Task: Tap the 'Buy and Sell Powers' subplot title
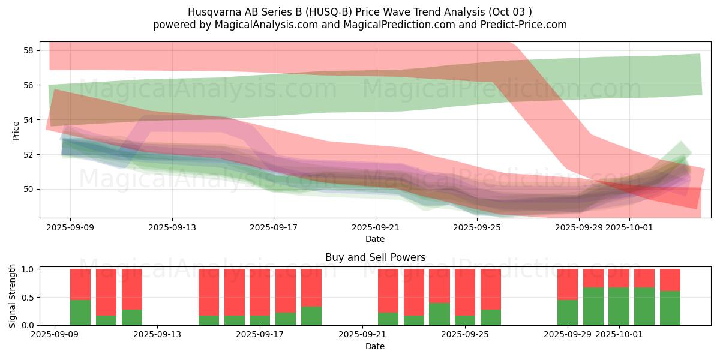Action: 375,257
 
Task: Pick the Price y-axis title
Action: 16,130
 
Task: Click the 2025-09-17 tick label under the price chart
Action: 274,227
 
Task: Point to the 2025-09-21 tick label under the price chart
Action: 376,227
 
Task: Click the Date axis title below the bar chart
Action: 375,346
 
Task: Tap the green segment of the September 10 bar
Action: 80,313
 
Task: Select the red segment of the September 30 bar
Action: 593,278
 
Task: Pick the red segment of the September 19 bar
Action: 311,287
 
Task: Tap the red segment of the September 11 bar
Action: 106,292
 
